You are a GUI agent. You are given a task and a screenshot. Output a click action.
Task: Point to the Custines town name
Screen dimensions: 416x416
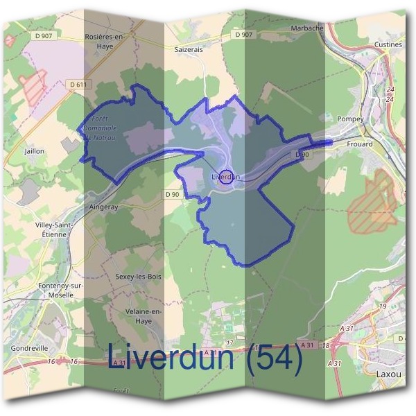388,44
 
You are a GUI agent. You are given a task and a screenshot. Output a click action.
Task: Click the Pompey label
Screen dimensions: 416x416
349,119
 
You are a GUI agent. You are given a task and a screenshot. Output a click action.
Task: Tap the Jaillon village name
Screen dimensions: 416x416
34,150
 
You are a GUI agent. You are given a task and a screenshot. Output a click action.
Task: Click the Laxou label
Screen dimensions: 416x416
388,374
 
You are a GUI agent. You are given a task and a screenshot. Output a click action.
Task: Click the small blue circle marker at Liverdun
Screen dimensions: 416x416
225,177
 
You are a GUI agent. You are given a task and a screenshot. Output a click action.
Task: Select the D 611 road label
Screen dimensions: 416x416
78,84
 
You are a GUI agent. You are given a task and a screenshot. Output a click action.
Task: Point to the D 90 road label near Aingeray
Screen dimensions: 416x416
173,193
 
